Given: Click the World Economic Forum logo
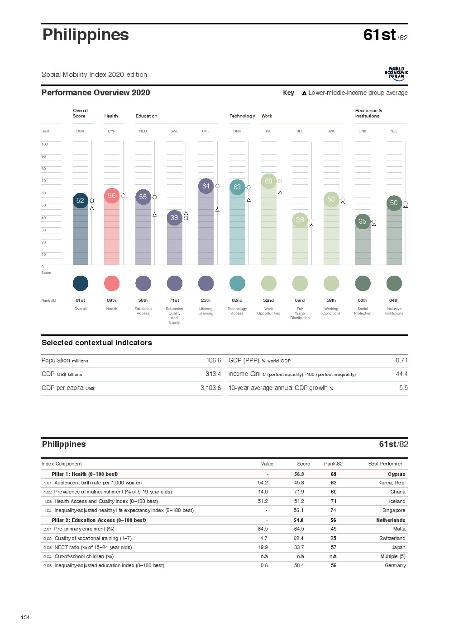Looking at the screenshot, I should tap(396, 74).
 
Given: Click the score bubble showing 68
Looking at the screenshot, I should tap(268, 181).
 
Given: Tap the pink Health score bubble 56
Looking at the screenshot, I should tap(111, 196).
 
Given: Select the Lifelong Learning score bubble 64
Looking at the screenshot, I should tap(205, 186).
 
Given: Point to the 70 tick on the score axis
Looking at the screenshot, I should tap(44, 181).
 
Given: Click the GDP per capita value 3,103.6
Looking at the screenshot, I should tap(210, 388).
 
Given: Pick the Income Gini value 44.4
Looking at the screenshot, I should tap(401, 374).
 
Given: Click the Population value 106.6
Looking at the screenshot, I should tap(213, 360).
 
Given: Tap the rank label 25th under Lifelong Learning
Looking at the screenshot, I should tap(205, 300).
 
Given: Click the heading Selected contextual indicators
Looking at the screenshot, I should tap(96, 343).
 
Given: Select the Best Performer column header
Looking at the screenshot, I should tap(385, 464).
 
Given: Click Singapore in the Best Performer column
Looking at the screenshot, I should tap(394, 510).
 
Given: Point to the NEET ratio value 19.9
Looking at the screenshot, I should tap(263, 547).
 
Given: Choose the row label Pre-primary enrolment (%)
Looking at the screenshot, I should tap(84, 529).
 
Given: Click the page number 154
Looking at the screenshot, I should tap(25, 617).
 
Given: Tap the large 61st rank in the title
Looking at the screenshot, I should tap(379, 35).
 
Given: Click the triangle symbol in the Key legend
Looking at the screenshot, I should tap(304, 93).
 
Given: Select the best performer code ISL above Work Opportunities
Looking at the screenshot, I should tap(268, 131).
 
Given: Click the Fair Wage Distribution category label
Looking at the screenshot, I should tap(300, 313).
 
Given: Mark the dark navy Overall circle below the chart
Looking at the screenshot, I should tap(81, 283).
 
